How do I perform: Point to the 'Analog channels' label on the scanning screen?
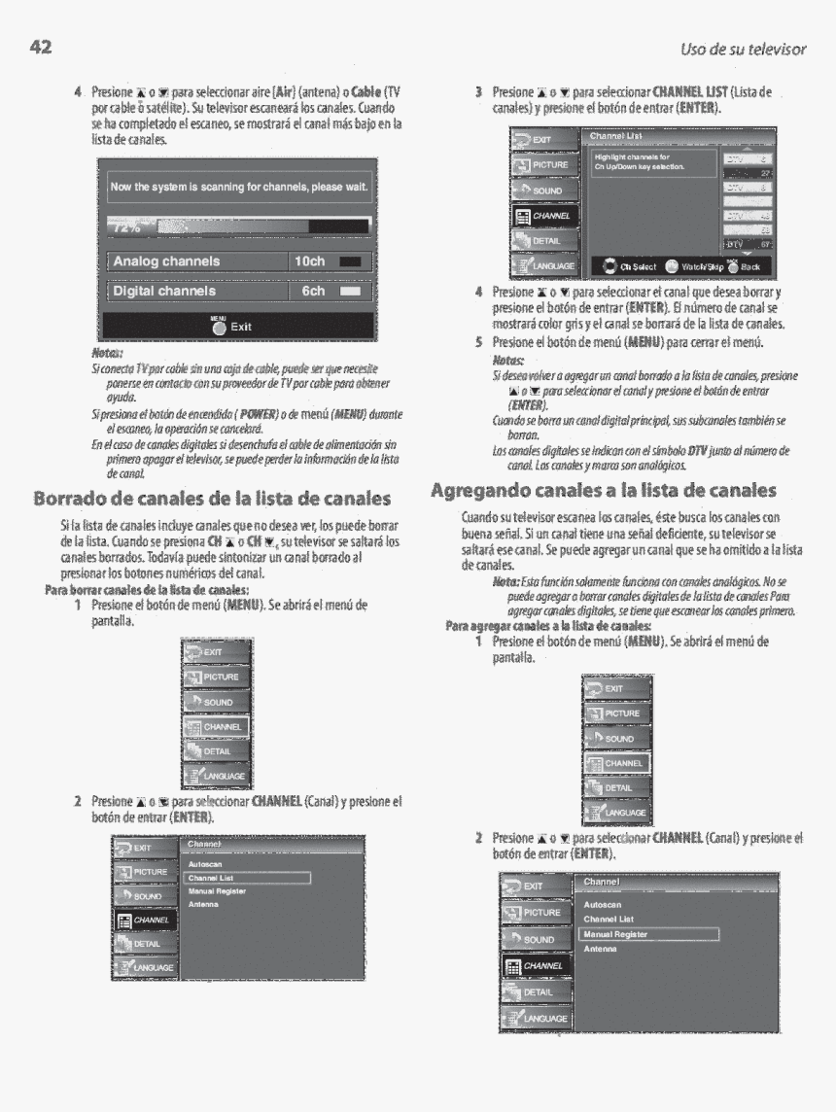click(166, 261)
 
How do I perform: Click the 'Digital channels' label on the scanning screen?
click(164, 291)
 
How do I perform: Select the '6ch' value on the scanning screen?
click(313, 291)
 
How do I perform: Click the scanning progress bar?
click(237, 226)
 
